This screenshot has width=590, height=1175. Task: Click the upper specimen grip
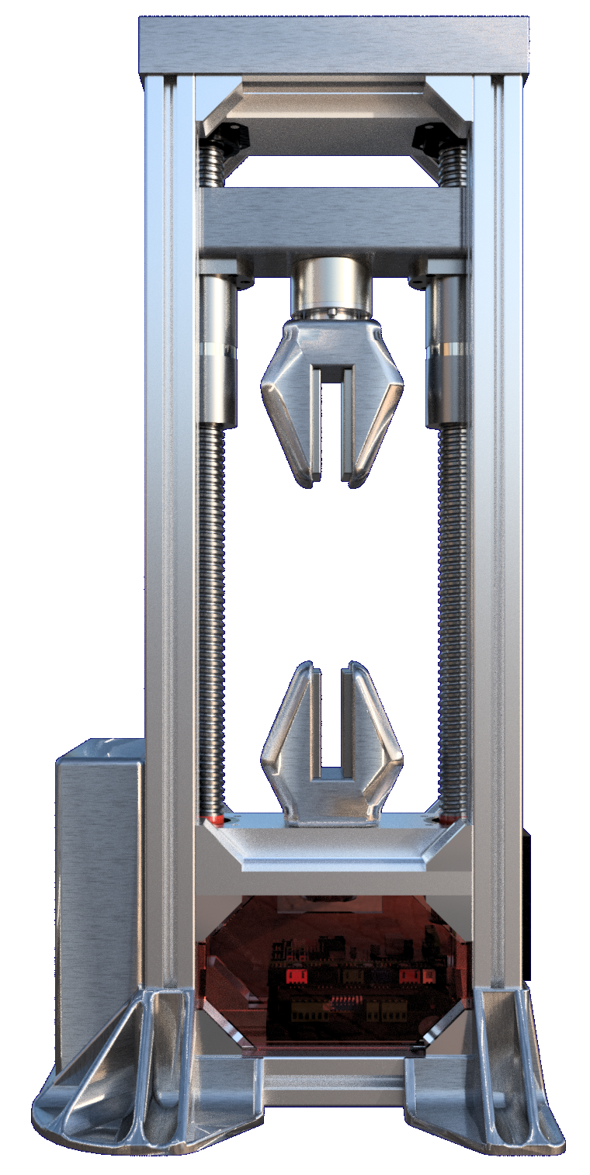click(x=332, y=404)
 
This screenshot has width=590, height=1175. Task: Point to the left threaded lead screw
click(x=212, y=621)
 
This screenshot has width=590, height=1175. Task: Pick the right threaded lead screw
click(x=453, y=621)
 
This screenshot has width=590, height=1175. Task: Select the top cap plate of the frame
click(x=334, y=45)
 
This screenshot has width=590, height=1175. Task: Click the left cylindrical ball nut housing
click(x=218, y=349)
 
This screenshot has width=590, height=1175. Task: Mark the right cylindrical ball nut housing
click(x=447, y=349)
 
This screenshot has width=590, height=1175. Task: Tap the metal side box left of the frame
click(x=99, y=893)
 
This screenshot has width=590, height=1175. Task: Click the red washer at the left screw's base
click(x=215, y=818)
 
